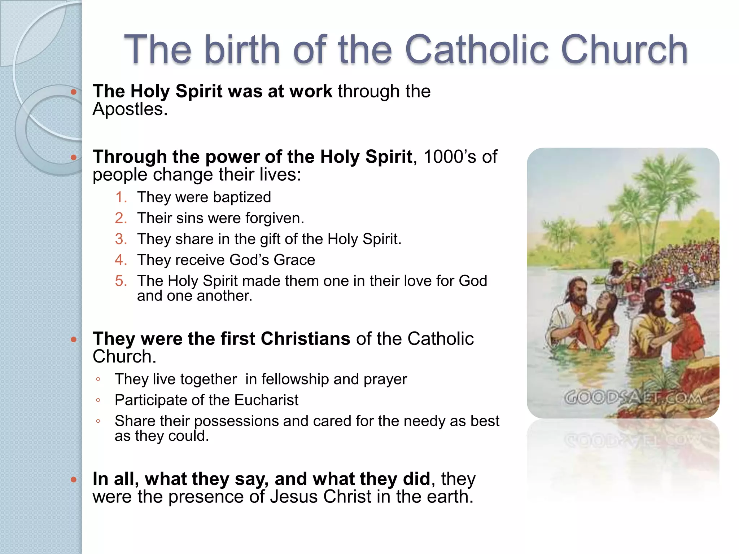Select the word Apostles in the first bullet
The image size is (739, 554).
pos(130,109)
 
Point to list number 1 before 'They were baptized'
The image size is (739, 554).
pos(121,197)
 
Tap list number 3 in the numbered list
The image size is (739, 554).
pos(121,239)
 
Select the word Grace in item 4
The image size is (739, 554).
pos(294,260)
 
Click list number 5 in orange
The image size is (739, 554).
pos(121,281)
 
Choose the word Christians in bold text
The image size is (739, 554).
pos(305,339)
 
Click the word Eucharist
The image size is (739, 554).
pos(266,400)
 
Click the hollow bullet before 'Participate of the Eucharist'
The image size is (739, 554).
pos(98,400)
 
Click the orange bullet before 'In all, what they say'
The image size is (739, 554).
pos(74,479)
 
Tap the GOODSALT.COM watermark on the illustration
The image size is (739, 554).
pos(633,398)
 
